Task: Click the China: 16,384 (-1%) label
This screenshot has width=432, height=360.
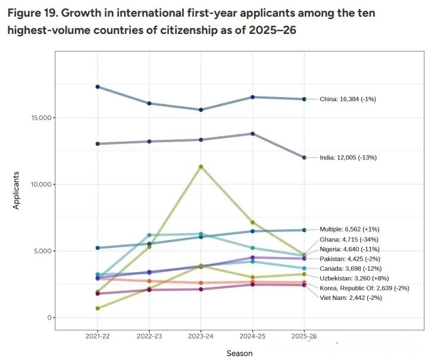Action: point(348,99)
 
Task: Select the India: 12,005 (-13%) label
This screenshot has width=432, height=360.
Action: point(348,158)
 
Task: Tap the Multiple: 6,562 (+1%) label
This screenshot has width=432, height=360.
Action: point(349,229)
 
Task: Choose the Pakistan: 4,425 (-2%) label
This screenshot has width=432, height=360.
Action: point(350,259)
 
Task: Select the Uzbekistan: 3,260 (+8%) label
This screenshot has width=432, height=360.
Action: point(352,278)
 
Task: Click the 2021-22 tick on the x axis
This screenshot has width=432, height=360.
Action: point(97,336)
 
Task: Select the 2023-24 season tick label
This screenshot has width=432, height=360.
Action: point(201,336)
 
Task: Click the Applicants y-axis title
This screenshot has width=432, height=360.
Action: point(17,190)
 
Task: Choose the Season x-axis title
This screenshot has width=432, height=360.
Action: point(239,353)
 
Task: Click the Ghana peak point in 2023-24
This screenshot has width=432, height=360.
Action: point(201,167)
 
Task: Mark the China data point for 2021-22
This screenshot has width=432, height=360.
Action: point(98,87)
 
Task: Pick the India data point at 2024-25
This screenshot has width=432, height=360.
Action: point(252,134)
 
